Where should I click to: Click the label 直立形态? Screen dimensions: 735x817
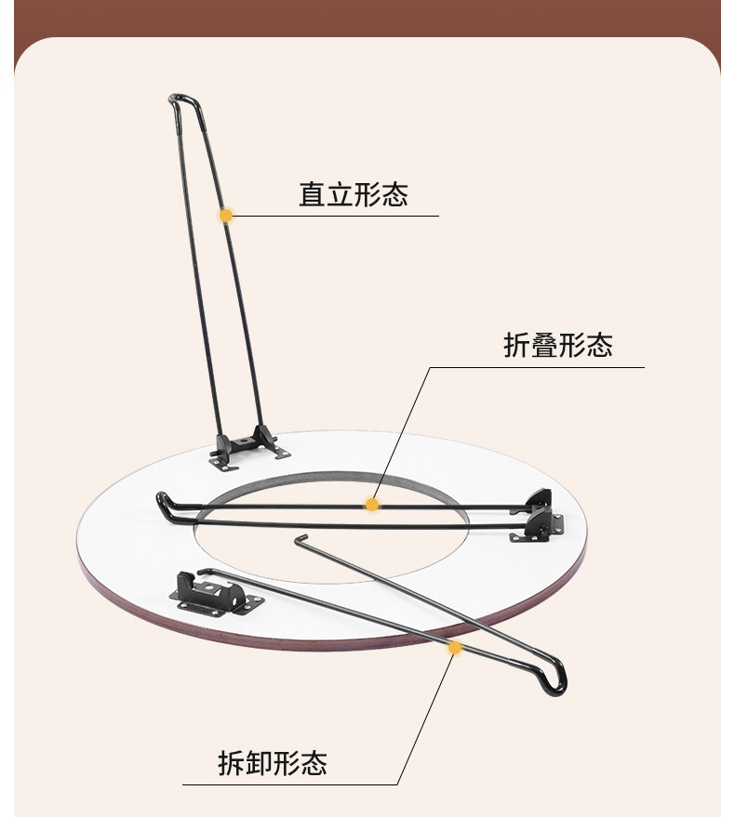coord(353,195)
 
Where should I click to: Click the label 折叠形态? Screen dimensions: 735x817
coord(557,346)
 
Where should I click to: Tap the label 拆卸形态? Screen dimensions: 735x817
coord(272,764)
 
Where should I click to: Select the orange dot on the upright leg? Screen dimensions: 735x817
coord(225,216)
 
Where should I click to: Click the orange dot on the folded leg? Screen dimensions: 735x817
coord(372,505)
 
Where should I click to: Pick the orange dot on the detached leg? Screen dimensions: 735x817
coord(454,647)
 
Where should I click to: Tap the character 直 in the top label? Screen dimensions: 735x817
coord(312,195)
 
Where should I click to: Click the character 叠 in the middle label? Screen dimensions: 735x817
coord(544,346)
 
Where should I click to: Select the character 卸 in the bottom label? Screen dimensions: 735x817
coord(259,764)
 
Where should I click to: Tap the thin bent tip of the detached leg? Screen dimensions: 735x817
coord(301,539)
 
